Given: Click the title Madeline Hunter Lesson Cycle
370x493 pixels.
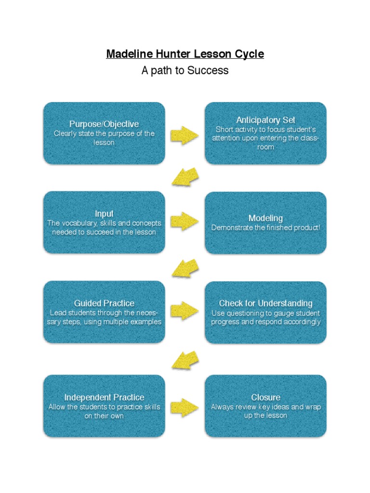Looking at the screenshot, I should [185, 53].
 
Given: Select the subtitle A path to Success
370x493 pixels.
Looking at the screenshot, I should [185, 70].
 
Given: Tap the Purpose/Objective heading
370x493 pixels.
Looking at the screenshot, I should [104, 124].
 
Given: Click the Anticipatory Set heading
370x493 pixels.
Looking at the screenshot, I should [265, 120].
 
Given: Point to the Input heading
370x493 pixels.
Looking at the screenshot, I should [104, 214].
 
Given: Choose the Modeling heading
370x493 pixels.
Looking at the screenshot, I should [265, 218].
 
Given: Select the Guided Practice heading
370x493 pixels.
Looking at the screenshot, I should [104, 303].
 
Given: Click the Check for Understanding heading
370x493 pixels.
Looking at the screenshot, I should [265, 303].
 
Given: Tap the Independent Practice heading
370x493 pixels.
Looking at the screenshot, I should [104, 397].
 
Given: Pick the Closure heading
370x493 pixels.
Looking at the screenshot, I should [265, 397].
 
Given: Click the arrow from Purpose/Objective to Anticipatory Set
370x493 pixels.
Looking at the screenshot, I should [185, 135].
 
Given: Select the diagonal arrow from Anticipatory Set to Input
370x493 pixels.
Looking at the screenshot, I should [185, 177].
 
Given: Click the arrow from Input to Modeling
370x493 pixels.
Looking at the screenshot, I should [185, 221].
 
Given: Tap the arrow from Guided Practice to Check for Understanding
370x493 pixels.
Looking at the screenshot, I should [185, 311].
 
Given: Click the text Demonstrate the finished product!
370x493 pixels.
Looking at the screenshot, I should [265, 228].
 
